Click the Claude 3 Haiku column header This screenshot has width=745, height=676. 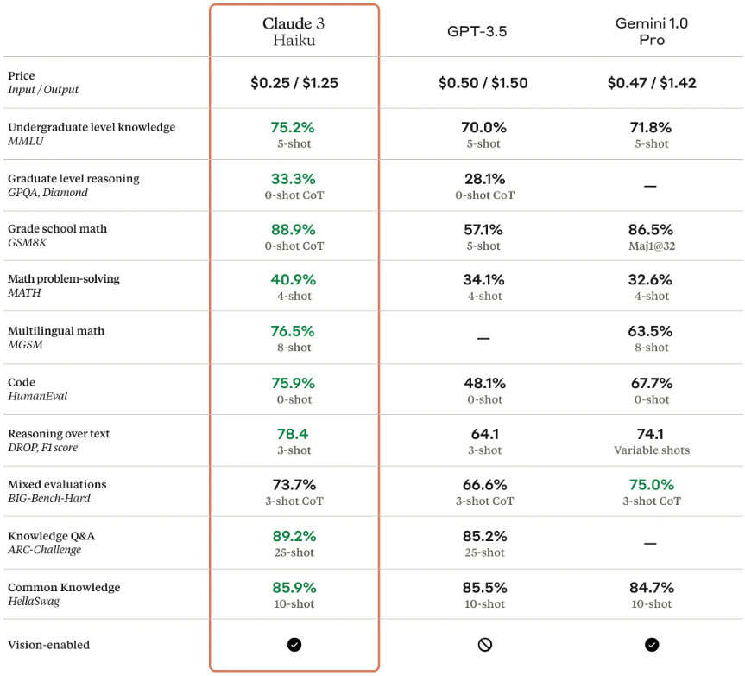tap(294, 32)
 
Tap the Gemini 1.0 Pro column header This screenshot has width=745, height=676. tap(651, 32)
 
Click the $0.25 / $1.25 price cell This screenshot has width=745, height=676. tap(294, 83)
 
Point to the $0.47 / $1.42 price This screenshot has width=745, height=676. tap(651, 83)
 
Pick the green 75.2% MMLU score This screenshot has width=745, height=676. tap(294, 127)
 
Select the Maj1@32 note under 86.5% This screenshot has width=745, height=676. tap(651, 246)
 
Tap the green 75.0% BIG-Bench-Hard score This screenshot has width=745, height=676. tap(651, 485)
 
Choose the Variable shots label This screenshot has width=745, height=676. tap(651, 450)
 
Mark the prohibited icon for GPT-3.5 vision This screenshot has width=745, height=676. tap(483, 644)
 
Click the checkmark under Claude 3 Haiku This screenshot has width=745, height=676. tap(294, 644)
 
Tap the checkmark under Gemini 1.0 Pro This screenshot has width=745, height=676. tap(651, 644)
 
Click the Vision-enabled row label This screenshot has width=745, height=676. tap(48, 644)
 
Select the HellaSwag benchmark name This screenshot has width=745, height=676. tap(34, 601)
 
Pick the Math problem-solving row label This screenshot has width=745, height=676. tap(64, 279)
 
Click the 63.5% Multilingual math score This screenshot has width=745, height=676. tap(651, 331)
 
